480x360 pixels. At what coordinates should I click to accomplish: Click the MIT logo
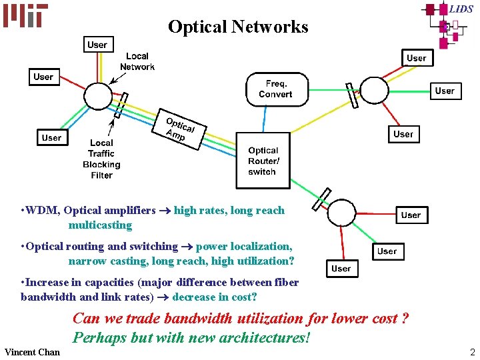pyautogui.click(x=25, y=15)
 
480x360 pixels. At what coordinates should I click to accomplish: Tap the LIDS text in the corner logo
pyautogui.click(x=461, y=9)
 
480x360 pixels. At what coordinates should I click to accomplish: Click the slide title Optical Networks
pyautogui.click(x=238, y=27)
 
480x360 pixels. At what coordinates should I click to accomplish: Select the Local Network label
pyautogui.click(x=137, y=61)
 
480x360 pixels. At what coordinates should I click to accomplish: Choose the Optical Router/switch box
pyautogui.click(x=263, y=161)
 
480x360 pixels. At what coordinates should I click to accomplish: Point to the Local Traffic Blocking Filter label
pyautogui.click(x=101, y=159)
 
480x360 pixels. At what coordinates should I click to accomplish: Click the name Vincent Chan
pyautogui.click(x=32, y=352)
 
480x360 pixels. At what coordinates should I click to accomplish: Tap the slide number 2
pyautogui.click(x=472, y=352)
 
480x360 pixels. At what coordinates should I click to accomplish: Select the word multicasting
pyautogui.click(x=100, y=225)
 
